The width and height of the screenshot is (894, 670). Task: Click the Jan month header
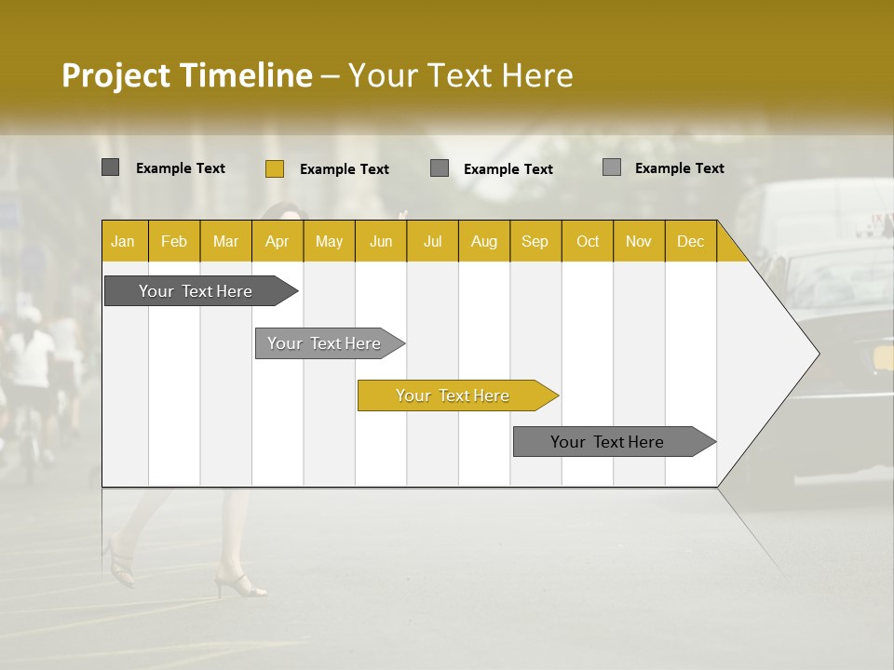[123, 241]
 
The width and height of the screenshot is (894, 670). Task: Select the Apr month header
[277, 241]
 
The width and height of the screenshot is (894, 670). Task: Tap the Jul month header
[432, 241]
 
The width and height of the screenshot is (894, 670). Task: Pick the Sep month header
[535, 241]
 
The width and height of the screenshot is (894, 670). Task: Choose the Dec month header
[690, 241]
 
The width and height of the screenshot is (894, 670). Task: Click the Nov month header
[638, 241]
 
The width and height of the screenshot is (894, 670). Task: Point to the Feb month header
[174, 241]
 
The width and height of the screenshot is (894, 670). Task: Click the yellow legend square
[274, 168]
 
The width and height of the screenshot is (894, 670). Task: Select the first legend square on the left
[110, 167]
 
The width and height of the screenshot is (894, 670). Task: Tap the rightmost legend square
[611, 167]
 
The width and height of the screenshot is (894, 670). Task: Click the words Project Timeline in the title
[186, 75]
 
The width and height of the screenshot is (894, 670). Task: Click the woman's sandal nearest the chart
[240, 585]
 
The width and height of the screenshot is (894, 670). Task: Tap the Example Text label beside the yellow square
[344, 169]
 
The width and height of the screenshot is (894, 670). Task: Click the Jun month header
[380, 241]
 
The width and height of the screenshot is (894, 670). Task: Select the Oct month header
[587, 241]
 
